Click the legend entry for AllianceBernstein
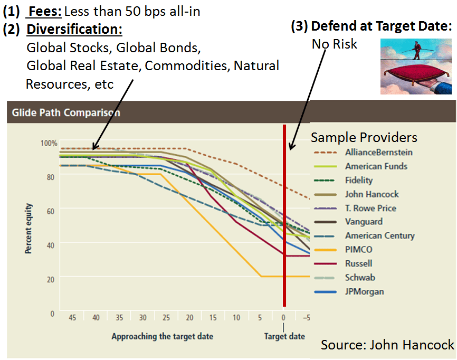click(379, 153)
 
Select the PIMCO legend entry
click(359, 250)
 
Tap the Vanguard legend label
click(364, 222)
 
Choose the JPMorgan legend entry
click(364, 291)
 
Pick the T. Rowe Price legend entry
click(370, 208)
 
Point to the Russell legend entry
click(359, 263)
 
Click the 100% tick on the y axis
click(49, 143)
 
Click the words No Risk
click(334, 44)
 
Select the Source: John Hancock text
click(387, 345)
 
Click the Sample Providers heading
click(364, 138)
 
